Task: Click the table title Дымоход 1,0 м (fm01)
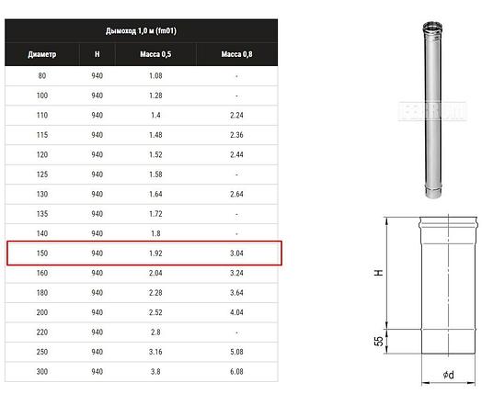[x=141, y=31]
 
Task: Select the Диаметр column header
[x=42, y=54]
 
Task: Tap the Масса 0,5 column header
[x=155, y=54]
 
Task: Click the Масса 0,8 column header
[x=236, y=54]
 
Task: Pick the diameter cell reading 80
[x=42, y=76]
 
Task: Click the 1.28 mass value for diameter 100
[x=155, y=96]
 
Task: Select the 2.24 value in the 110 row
[x=236, y=115]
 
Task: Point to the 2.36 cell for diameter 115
[x=236, y=135]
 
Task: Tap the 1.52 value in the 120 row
[x=155, y=154]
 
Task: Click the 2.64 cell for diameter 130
[x=236, y=194]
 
